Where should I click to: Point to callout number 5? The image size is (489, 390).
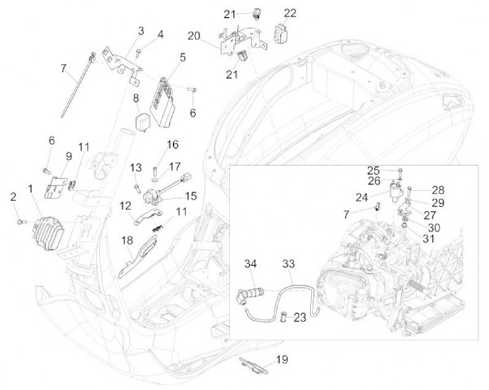(183, 57)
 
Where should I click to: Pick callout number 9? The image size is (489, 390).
(69, 156)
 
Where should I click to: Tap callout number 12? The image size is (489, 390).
(126, 205)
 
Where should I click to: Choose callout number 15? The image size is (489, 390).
(190, 195)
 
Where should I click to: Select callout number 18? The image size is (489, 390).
(127, 241)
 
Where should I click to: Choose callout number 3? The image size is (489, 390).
(141, 30)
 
